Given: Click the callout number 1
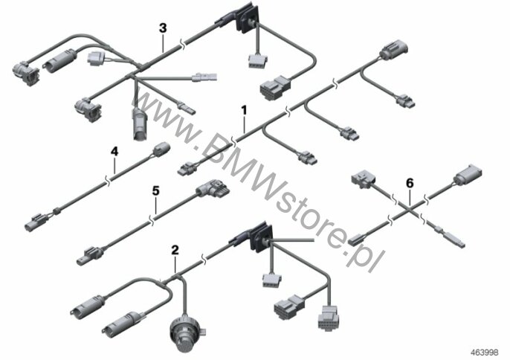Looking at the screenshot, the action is pos(244,110).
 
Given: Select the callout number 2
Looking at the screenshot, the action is pos(175,250).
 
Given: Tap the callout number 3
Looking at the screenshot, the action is pos(163,28).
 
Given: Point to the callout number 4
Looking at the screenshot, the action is pos(114,151).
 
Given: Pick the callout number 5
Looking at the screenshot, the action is pos(156,190).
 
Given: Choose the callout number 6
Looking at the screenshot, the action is pos(410,184).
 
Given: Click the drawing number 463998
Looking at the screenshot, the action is pos(485,352).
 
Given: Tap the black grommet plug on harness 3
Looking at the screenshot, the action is pos(248,20).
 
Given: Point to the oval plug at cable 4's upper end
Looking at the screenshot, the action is pos(161,150).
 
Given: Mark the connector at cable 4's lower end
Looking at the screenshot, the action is pos(36,222).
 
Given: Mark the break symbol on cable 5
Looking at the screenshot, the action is pos(152,219).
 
